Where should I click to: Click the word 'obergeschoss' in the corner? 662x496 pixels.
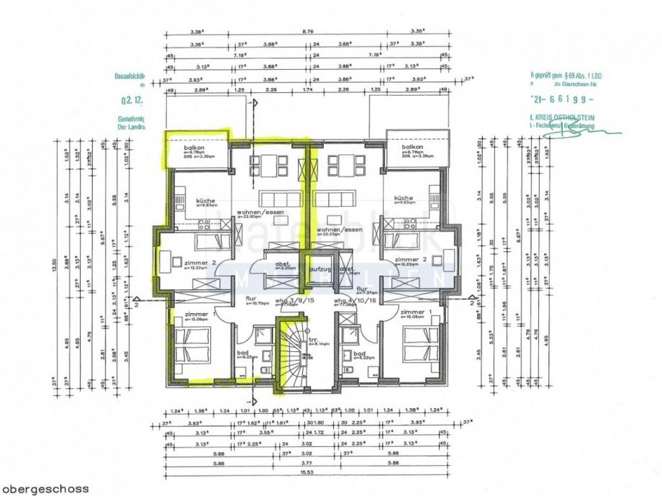point(45,489)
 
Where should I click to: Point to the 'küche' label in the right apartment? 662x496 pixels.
point(403,198)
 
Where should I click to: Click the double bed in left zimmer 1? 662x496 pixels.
point(194,344)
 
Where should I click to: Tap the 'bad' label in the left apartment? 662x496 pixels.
point(242,353)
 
